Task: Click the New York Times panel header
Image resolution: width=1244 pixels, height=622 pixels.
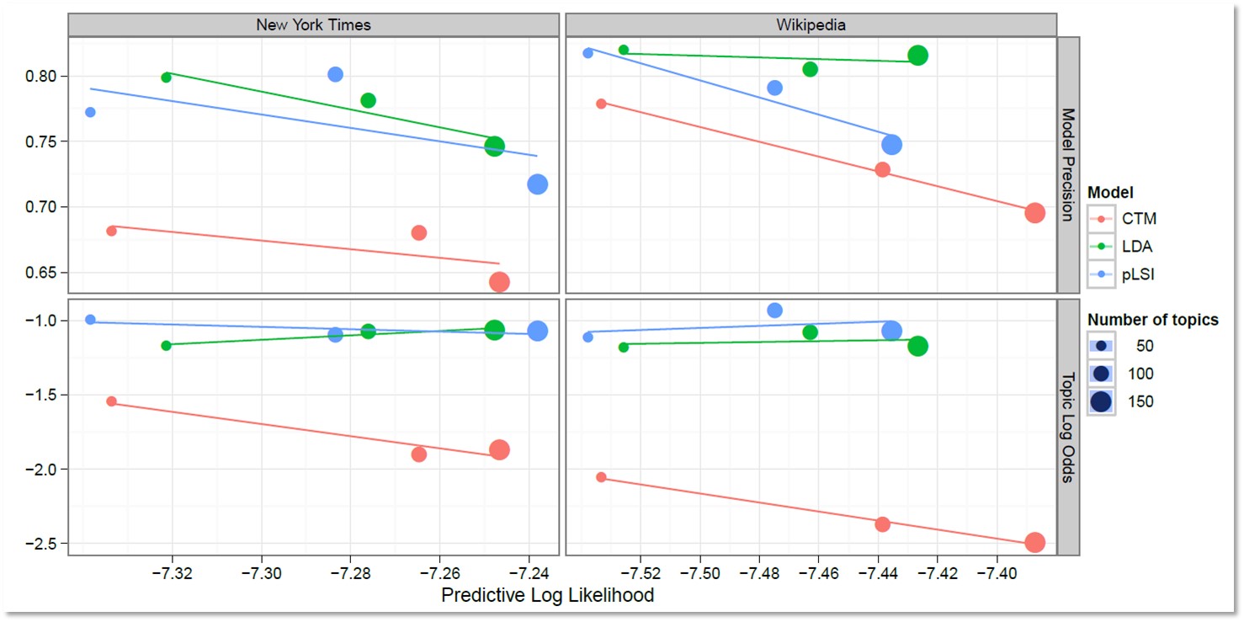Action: (x=313, y=24)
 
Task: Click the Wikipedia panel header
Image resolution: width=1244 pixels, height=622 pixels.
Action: (x=811, y=24)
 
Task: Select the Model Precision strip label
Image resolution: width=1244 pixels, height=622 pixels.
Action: (x=1067, y=165)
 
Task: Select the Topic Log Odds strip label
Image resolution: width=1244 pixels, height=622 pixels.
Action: (x=1067, y=428)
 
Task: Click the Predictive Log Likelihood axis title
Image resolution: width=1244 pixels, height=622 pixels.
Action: (x=547, y=595)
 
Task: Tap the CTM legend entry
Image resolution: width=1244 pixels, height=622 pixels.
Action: (x=1139, y=219)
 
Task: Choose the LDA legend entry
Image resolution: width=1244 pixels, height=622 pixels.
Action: (x=1136, y=247)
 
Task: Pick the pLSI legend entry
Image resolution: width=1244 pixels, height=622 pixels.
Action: (x=1138, y=274)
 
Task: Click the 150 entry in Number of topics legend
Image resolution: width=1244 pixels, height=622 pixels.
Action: (x=1140, y=401)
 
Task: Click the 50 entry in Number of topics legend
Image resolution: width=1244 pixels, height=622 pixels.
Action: (x=1144, y=345)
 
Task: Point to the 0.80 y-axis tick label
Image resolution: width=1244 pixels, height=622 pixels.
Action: (x=40, y=77)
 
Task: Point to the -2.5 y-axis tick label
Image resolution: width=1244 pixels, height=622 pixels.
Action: (x=42, y=544)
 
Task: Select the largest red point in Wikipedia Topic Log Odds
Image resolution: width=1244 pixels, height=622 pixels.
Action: (x=1034, y=543)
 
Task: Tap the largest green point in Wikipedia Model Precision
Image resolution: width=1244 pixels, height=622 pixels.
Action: (x=917, y=56)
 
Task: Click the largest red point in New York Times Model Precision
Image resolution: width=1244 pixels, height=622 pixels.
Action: (x=499, y=282)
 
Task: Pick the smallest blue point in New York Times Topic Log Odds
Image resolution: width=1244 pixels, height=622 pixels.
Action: (x=90, y=320)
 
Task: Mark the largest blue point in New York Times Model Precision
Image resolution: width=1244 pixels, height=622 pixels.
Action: (x=537, y=184)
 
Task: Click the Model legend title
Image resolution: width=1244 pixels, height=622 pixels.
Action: (x=1109, y=193)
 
